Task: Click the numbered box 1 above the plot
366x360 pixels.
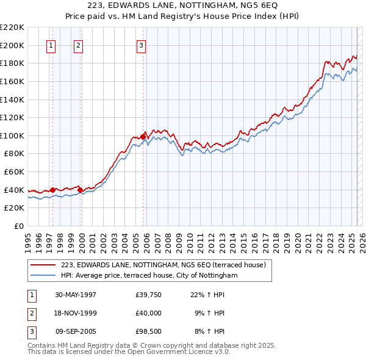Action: point(51,45)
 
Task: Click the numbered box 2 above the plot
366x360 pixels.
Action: point(79,45)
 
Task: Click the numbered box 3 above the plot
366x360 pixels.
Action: point(141,45)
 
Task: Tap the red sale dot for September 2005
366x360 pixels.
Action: point(143,137)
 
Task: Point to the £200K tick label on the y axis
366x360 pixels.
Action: point(13,45)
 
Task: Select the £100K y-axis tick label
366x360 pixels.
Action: point(13,135)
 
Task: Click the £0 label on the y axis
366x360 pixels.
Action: point(19,226)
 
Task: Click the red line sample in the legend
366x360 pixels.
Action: point(44,265)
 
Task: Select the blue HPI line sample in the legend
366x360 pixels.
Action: point(44,276)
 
